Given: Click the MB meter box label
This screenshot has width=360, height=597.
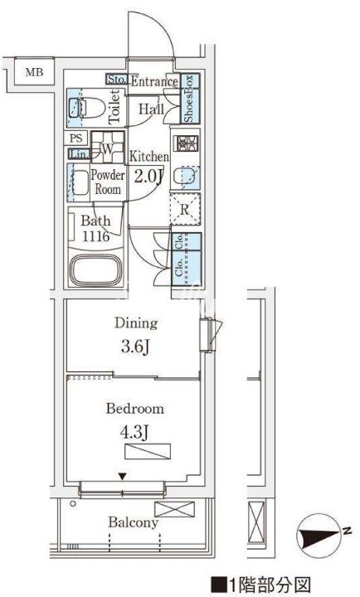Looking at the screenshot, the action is coord(34,71).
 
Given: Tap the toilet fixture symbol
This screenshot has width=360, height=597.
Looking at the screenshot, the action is coord(87,108).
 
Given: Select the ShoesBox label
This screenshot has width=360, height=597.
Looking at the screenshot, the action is coord(190,98).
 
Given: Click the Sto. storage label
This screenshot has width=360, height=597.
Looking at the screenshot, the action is coord(116,80).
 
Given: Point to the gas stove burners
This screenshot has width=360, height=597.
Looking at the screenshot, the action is coord(185,143).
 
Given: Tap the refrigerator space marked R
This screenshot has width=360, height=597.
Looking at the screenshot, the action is coord(185,209).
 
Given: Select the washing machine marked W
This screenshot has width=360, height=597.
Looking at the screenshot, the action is coord(108,148).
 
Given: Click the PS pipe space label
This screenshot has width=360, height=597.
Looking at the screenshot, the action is coord(75,138).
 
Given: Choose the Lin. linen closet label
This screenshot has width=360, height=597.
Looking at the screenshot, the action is coord(80,154).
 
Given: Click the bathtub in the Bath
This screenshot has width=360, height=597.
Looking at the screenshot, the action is coord(95,270).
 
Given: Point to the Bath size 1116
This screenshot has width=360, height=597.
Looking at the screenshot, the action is coord(96,236).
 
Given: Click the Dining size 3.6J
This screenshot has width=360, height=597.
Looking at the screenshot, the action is coord(135,347).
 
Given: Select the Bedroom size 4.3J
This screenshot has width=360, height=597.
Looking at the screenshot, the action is coord(134,433).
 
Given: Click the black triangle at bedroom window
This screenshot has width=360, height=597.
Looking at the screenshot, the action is coord(122,476).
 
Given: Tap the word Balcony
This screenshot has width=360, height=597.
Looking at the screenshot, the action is coord(133,522).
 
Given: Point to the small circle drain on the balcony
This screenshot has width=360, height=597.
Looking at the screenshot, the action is coord(73,503).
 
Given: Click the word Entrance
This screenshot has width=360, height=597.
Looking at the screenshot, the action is coord(154,81).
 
